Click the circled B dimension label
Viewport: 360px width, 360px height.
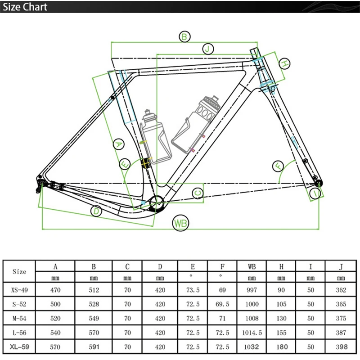click(184, 37)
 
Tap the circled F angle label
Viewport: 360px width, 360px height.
click(279, 166)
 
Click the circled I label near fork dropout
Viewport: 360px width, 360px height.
click(317, 193)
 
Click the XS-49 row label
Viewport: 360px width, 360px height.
click(19, 290)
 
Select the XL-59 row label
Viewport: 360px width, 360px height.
click(19, 347)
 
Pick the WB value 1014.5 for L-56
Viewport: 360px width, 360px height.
click(252, 333)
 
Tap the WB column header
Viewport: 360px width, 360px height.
click(252, 267)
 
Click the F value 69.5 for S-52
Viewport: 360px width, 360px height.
click(222, 305)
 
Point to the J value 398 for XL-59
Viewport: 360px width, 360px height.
click(341, 347)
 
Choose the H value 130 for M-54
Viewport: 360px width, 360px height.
click(282, 319)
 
